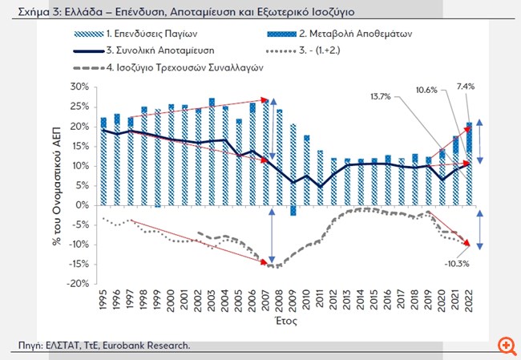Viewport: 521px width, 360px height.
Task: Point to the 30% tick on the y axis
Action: [81, 87]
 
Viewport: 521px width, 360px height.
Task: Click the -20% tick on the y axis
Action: [79, 283]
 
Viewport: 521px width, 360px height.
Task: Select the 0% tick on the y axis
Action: [83, 204]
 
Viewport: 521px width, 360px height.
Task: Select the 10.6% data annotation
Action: [427, 91]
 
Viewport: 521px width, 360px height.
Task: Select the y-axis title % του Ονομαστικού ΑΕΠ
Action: [61, 185]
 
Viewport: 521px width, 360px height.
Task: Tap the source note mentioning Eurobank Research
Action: [105, 345]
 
